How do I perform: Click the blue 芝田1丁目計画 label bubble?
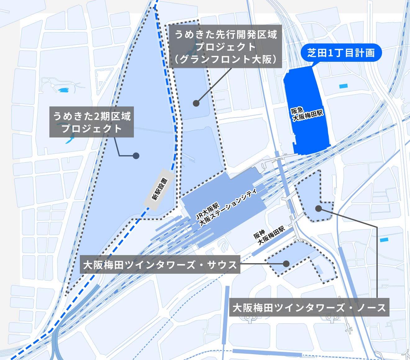click(x=341, y=53)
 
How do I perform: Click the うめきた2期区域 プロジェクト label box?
click(x=92, y=123)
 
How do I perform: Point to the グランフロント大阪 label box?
click(x=225, y=47)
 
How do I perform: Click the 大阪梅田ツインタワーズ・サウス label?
click(x=160, y=265)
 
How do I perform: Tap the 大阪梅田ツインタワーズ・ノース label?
click(x=309, y=308)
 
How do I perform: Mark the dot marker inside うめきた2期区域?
click(x=136, y=155)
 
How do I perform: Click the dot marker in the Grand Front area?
click(x=196, y=103)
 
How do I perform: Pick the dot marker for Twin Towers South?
click(x=286, y=263)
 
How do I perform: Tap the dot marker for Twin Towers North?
click(x=318, y=209)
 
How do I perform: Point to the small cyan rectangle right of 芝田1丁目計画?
click(x=344, y=86)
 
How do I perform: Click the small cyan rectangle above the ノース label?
click(x=384, y=240)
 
